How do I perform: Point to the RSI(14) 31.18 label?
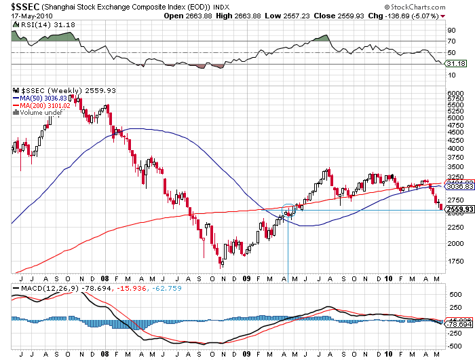tap(41, 24)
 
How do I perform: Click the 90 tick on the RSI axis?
tap(451, 30)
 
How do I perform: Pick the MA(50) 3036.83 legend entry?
tap(43, 98)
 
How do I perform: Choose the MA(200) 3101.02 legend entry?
tap(45, 105)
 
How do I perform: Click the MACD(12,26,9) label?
tap(44, 289)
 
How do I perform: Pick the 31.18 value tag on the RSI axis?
tap(455, 63)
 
